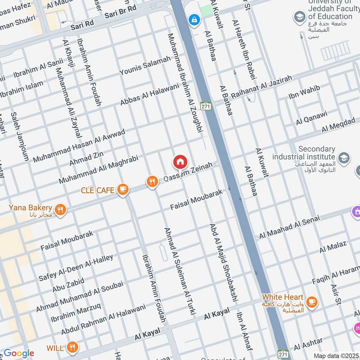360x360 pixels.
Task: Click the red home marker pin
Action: (x=180, y=162)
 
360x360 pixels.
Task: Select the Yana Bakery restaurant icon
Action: (x=60, y=209)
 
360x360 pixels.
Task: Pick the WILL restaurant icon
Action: (x=72, y=347)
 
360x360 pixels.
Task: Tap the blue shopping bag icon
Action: (x=194, y=20)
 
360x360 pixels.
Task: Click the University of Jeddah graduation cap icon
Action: (x=299, y=18)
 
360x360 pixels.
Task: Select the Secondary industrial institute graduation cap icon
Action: (x=344, y=157)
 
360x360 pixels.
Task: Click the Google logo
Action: (x=19, y=352)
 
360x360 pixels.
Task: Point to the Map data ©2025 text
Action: (x=336, y=355)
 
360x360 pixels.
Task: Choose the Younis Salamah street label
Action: (x=145, y=66)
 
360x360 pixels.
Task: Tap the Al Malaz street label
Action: (x=333, y=247)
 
